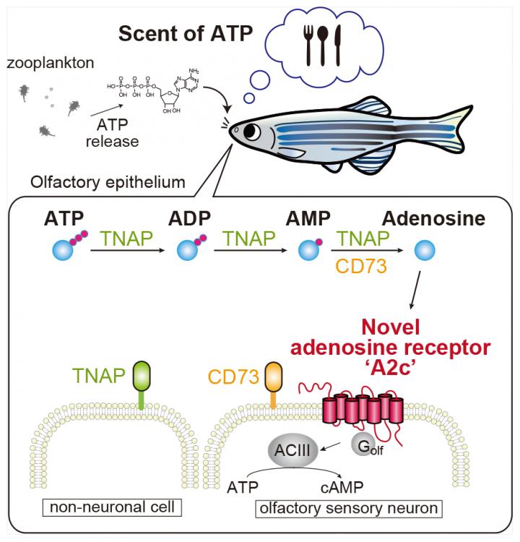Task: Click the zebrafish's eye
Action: point(252,132)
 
